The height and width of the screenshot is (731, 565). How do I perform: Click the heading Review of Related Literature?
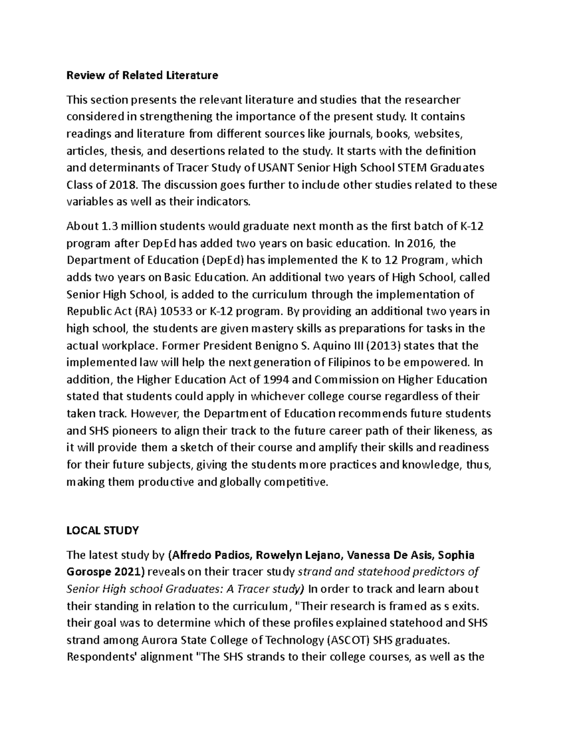(x=142, y=75)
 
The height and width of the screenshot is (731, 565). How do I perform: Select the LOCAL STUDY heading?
(x=103, y=530)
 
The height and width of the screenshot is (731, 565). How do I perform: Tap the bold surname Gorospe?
(x=88, y=572)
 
